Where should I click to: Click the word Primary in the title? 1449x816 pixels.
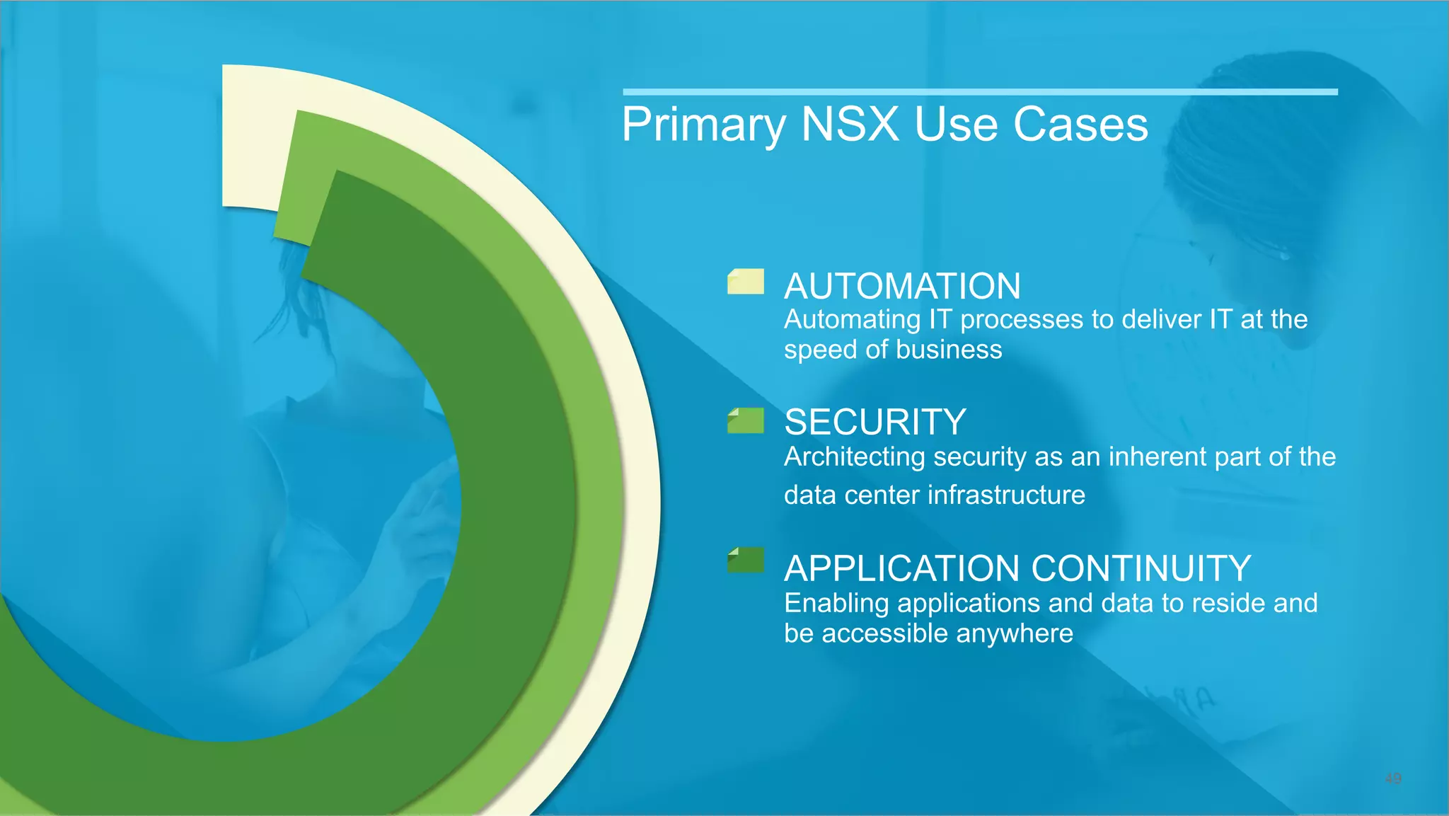703,125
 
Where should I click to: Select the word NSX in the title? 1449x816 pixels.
850,125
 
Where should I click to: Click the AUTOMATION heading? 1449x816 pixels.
902,287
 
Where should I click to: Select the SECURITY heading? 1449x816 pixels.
874,423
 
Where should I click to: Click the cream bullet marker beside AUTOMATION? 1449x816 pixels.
746,281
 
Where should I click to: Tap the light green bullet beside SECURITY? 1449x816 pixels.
746,420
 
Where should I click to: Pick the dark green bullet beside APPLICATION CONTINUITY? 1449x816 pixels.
746,560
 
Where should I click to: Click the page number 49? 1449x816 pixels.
1392,778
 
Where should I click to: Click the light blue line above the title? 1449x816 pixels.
980,92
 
